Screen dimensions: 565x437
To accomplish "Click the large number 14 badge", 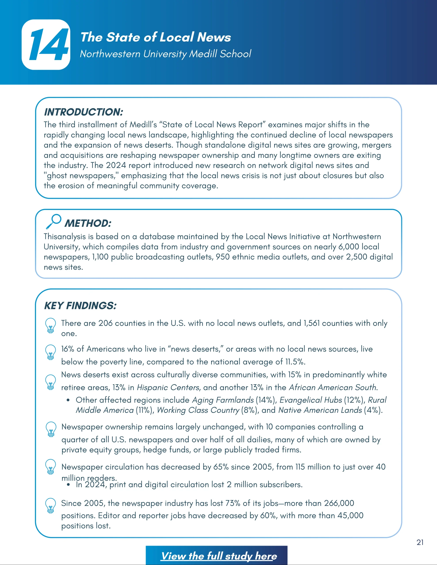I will pos(46,45).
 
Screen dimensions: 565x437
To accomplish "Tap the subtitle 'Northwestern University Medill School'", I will pos(165,54).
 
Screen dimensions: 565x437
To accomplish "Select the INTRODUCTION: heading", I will pos(84,112).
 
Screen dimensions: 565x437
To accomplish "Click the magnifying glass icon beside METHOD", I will pos(54,221).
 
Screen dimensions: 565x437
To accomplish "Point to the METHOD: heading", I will pos(88,223).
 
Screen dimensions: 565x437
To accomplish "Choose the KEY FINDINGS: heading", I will pos(80,305).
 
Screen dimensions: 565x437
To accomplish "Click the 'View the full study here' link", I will pos(219,556).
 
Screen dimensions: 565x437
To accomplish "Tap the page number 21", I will pos(420,542).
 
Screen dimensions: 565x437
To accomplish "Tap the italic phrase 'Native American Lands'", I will pos(320,410).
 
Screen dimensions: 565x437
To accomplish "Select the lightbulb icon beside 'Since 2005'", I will pos(51,505).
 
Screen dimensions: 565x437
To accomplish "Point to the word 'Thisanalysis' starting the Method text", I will pos(65,236).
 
